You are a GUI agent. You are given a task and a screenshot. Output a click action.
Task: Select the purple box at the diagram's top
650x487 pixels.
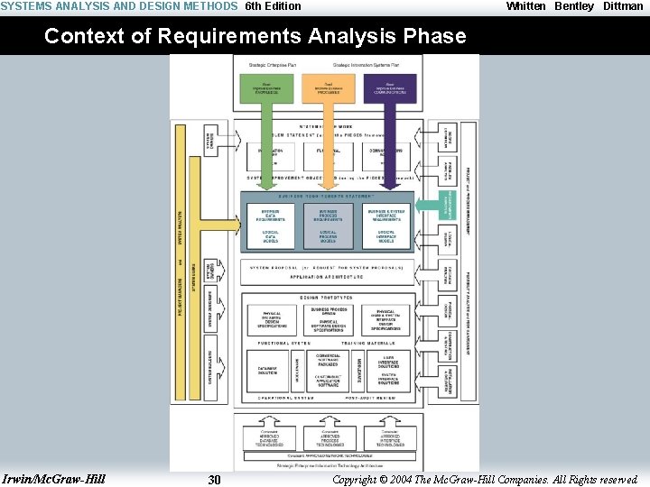tap(390, 88)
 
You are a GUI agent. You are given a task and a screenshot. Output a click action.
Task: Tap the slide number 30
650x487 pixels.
tap(214, 480)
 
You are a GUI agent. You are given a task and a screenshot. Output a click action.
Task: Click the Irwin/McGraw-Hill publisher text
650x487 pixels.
tap(54, 479)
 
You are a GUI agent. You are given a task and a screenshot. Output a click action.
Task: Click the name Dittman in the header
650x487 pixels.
tap(623, 6)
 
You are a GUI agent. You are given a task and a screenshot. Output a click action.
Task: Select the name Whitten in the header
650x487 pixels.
tap(525, 6)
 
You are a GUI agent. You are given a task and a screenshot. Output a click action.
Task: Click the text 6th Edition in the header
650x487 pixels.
tap(274, 6)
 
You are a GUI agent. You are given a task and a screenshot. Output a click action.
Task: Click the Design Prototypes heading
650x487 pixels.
tap(328, 298)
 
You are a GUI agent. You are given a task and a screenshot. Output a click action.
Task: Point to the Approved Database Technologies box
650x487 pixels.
tap(270, 437)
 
